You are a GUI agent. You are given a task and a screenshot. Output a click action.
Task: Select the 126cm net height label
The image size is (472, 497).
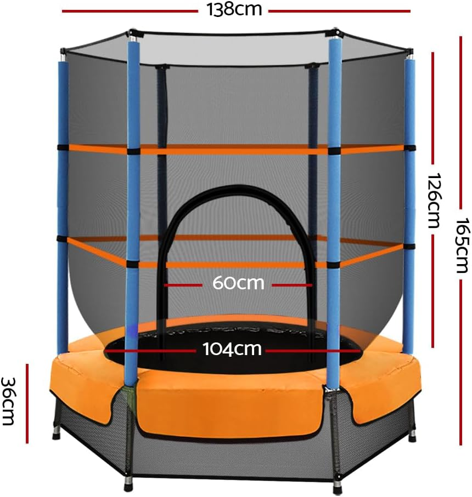[x=434, y=201]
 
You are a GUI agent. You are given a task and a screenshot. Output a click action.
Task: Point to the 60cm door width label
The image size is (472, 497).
[x=239, y=284]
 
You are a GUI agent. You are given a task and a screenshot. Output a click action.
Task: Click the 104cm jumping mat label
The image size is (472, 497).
[x=233, y=349]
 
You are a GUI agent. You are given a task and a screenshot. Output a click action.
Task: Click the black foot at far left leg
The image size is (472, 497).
[x=55, y=436]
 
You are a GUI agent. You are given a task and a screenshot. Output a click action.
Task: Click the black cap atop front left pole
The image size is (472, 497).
[x=132, y=36]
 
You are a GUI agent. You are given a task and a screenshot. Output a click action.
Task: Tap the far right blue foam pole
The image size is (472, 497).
[x=409, y=203]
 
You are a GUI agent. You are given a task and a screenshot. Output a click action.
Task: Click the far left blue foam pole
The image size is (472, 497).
[x=63, y=203]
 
